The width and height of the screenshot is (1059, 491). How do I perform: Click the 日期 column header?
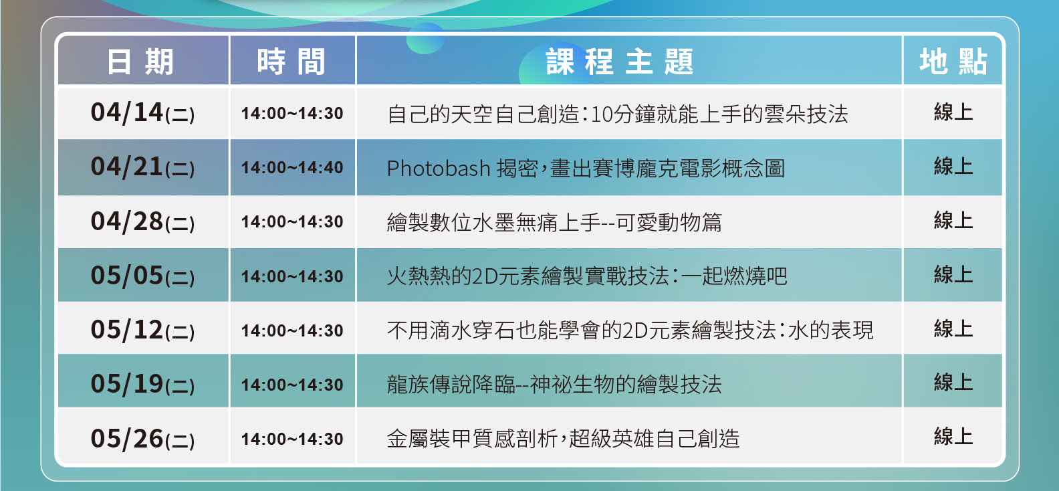[140, 62]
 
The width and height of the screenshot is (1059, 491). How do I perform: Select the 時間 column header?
[291, 62]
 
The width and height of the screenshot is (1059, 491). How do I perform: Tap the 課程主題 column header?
[620, 62]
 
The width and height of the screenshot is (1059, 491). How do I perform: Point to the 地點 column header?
[953, 62]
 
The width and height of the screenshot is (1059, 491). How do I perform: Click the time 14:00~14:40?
[292, 167]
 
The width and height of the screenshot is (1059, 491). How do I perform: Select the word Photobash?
[439, 169]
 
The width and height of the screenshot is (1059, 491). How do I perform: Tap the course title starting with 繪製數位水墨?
[554, 222]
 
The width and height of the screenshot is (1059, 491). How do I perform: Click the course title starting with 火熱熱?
[587, 276]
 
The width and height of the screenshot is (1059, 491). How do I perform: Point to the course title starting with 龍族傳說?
[554, 385]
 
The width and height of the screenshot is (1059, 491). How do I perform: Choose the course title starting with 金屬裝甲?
[563, 439]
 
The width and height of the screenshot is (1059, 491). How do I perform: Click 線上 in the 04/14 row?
[953, 112]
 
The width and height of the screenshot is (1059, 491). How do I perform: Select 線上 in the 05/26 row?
[953, 437]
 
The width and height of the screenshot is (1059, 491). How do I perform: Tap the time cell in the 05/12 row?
[292, 330]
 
